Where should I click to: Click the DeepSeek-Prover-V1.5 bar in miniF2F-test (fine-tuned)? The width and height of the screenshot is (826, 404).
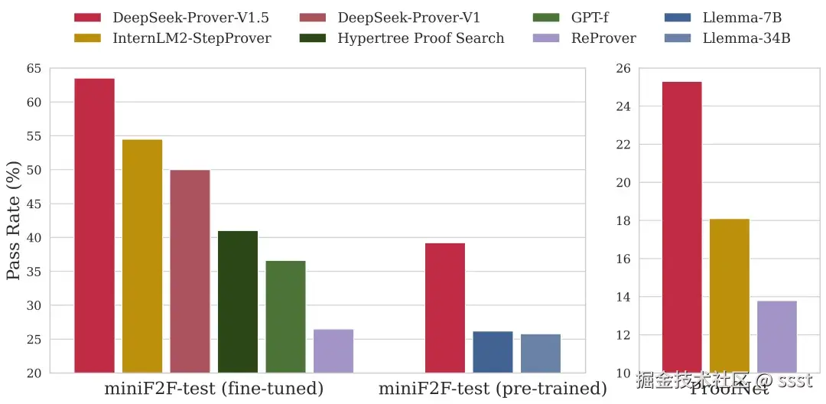point(94,226)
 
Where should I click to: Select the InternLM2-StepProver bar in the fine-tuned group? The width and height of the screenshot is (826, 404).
point(142,256)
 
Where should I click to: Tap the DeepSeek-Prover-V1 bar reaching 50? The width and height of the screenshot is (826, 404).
point(190,272)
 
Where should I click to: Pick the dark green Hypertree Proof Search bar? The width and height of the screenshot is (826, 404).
point(238,301)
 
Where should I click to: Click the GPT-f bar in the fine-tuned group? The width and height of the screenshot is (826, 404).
point(285,317)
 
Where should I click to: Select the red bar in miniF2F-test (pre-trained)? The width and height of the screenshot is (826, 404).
point(445,308)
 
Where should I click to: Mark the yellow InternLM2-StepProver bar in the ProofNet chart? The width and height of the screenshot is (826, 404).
point(730,295)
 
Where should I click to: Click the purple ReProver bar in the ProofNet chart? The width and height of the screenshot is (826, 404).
point(777,337)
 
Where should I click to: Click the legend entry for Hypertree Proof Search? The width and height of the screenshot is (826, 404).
point(421,38)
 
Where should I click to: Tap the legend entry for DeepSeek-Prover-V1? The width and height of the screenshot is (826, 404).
point(409,17)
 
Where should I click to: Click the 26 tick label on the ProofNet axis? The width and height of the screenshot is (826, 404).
point(623,69)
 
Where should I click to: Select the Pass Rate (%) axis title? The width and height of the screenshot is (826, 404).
point(14,220)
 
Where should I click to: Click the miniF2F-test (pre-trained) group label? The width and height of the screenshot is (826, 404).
point(493,389)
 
